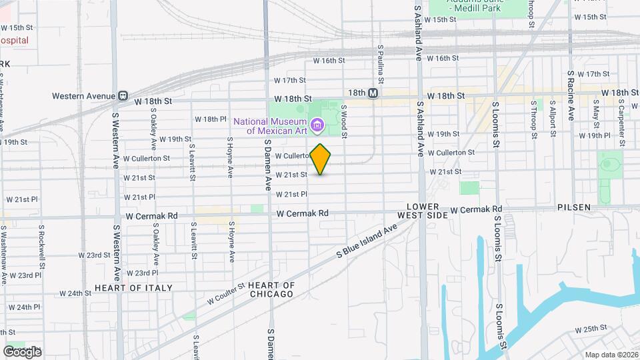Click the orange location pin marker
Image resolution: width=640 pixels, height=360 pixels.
tap(320, 159)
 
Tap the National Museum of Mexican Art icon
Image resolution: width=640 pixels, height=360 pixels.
tap(317, 124)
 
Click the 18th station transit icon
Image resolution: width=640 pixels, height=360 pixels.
tap(373, 93)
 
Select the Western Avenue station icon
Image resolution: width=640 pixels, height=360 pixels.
tap(123, 96)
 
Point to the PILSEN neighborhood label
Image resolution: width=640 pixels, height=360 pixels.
tap(574, 207)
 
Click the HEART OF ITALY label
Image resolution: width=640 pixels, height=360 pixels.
tap(133, 288)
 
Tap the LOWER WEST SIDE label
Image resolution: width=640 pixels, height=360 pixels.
tap(424, 211)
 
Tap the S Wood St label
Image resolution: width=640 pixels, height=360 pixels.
tap(343, 121)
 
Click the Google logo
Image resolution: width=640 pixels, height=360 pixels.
tap(22, 351)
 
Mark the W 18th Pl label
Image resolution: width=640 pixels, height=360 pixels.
tap(211, 119)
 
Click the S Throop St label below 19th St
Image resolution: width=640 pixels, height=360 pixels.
tap(534, 120)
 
